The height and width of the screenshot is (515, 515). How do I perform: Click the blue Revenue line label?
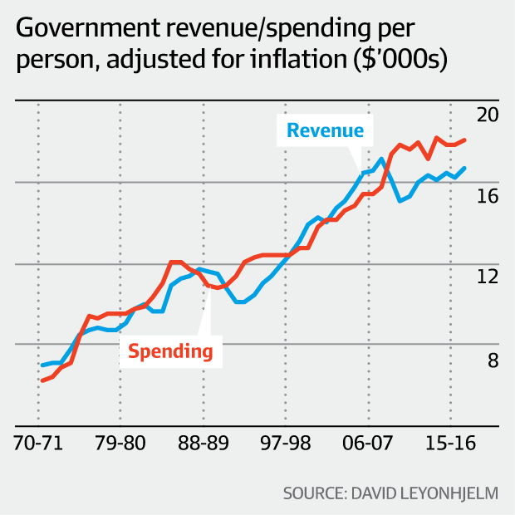pyautogui.click(x=325, y=130)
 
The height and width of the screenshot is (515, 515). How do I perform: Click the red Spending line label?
pyautogui.click(x=169, y=351)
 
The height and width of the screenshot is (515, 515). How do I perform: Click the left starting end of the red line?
pyautogui.click(x=42, y=380)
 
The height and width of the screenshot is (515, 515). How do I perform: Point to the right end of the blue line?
pyautogui.click(x=465, y=168)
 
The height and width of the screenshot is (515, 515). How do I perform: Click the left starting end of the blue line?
pyautogui.click(x=42, y=365)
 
